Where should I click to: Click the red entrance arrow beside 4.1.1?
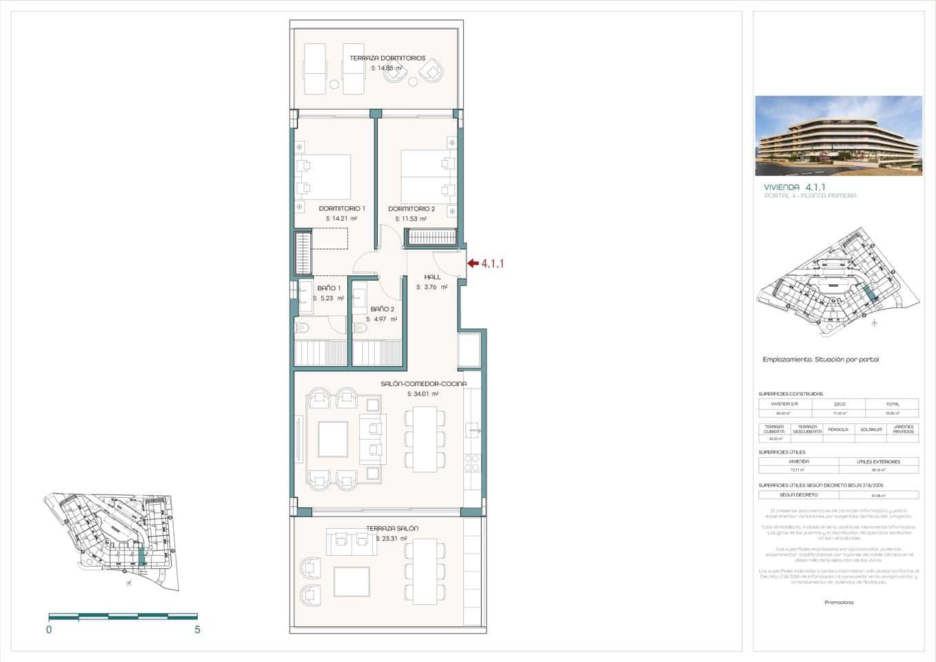pos(472,263)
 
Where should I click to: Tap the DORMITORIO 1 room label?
pos(342,208)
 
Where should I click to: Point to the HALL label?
pos(432,277)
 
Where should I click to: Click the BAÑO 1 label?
pos(329,288)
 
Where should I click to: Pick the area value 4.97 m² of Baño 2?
pos(381,319)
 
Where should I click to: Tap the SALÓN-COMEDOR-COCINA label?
pos(423,383)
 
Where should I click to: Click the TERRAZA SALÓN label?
pos(391,528)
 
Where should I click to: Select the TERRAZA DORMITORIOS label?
pos(387,59)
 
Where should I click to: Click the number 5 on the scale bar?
pos(197,630)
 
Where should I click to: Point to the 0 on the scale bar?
pos(49,630)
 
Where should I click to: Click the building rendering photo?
pos(838,135)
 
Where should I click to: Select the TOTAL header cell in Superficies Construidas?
pos(892,404)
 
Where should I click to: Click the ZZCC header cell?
pos(839,404)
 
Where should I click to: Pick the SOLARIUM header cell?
pos(871,429)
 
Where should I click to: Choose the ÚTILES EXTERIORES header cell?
pos(878,461)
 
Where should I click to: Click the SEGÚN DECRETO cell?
pos(798,494)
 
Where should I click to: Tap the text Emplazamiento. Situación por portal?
pos(820,359)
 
